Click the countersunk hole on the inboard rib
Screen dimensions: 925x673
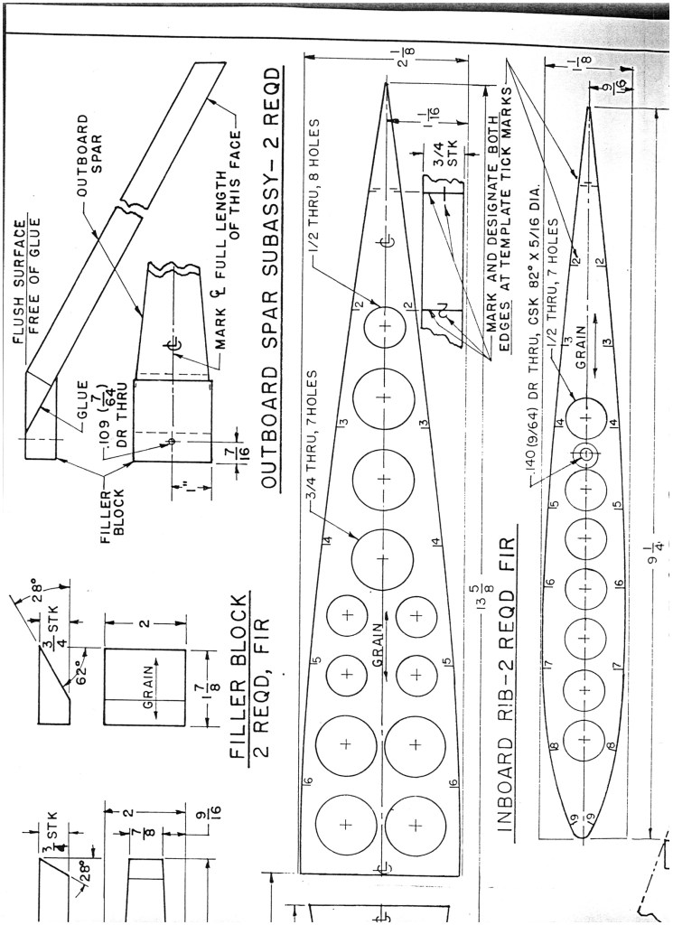tap(584, 453)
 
